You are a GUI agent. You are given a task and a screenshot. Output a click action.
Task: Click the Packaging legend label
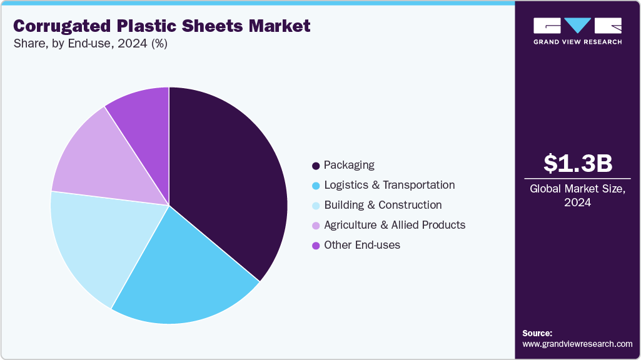[349, 165]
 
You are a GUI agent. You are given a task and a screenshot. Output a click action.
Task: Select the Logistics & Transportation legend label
[389, 185]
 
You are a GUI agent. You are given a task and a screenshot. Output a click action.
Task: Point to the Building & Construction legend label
[383, 205]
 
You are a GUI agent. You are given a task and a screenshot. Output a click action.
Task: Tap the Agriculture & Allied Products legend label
[395, 225]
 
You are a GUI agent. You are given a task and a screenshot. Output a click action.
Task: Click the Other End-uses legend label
[362, 245]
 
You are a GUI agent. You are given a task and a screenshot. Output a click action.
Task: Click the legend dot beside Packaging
[316, 166]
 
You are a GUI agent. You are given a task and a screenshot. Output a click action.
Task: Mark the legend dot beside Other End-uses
[316, 246]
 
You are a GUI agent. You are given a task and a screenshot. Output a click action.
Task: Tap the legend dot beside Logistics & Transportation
[316, 186]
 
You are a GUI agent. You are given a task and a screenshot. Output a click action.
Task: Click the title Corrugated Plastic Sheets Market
[161, 26]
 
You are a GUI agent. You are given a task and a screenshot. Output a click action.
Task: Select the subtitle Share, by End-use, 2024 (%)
[90, 44]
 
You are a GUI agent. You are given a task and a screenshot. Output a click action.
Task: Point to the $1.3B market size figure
[577, 163]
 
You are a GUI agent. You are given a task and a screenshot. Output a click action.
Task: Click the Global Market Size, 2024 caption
[577, 195]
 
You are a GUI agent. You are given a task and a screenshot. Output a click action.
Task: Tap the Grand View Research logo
[577, 31]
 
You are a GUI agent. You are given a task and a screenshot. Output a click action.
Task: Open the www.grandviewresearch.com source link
[577, 344]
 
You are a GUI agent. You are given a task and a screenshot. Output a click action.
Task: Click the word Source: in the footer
[537, 333]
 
